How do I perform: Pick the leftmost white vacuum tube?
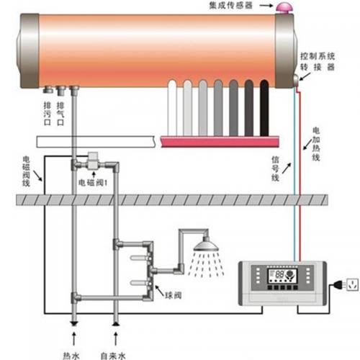[173, 107]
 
